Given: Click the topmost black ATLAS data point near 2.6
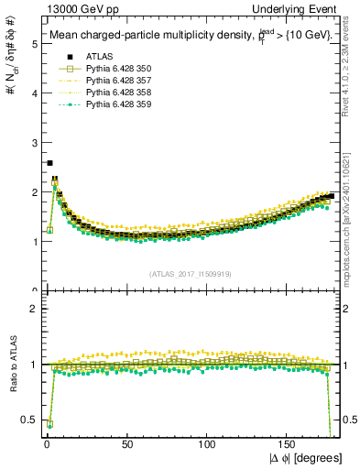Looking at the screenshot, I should click(x=49, y=163).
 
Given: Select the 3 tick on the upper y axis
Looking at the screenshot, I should click(x=34, y=143).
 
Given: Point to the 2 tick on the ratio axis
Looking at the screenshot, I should click(x=34, y=308).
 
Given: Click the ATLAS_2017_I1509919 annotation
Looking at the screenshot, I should click(x=190, y=273).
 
